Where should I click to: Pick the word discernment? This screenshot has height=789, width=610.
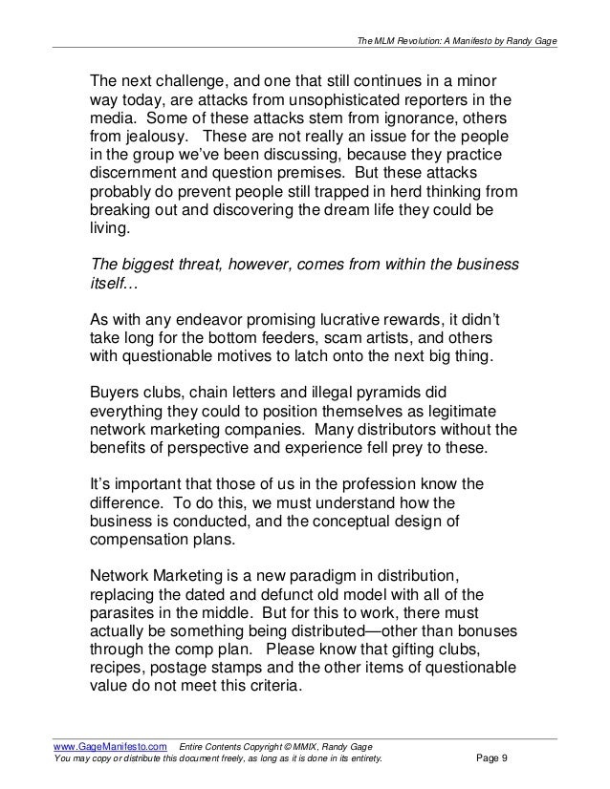tap(137, 178)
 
